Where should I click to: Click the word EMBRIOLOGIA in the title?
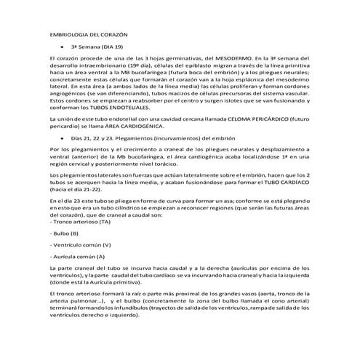pos(68,34)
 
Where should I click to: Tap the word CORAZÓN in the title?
pos(115,34)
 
